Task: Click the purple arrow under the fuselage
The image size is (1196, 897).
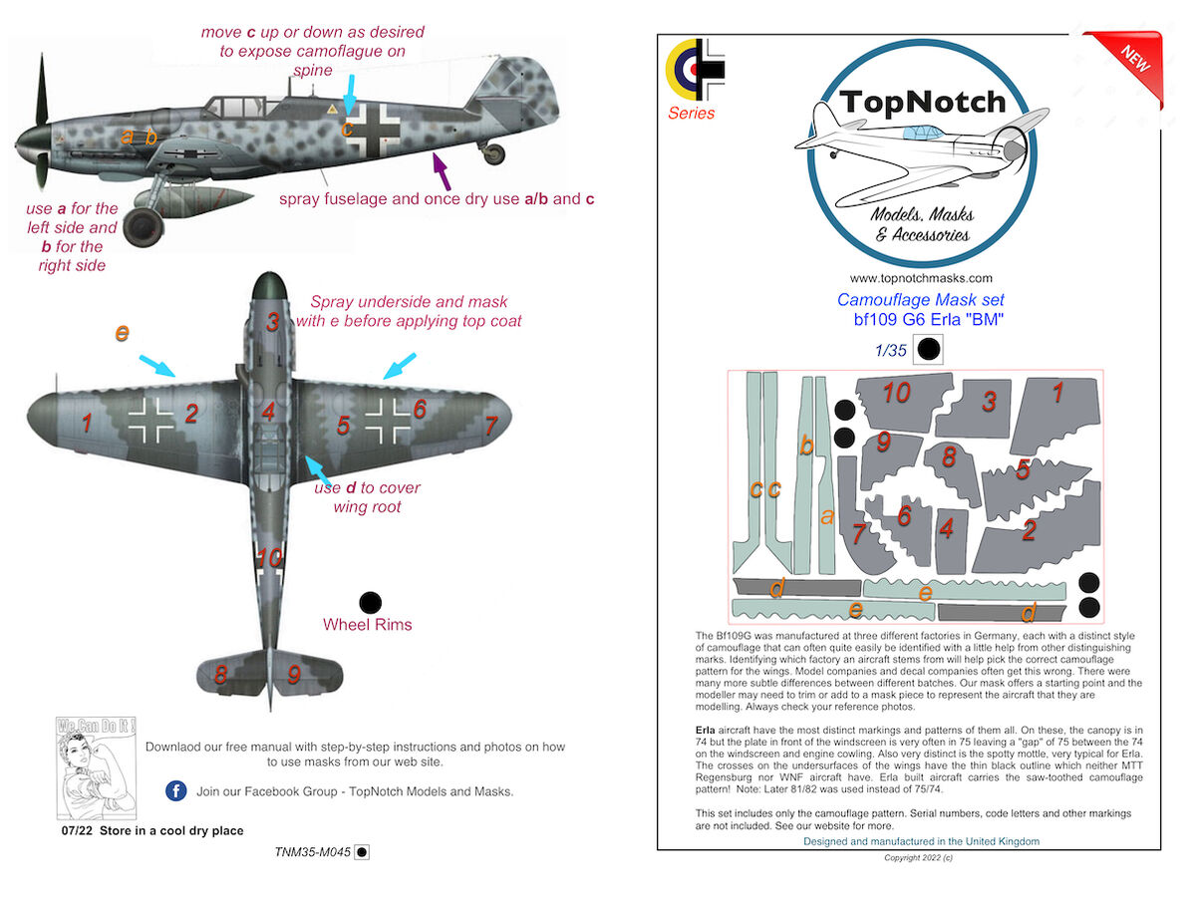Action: click(x=441, y=170)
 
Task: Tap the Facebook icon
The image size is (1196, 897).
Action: click(x=175, y=791)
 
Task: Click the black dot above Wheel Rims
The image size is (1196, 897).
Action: click(x=370, y=601)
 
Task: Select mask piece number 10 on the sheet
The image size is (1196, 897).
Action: click(x=896, y=394)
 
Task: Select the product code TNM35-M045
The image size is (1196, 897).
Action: click(x=313, y=852)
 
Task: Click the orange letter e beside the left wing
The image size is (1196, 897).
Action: click(x=122, y=333)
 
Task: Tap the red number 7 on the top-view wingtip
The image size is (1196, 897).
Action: click(x=490, y=426)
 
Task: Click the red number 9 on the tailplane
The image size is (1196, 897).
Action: click(x=294, y=674)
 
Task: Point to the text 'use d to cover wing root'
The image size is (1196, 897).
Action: click(x=367, y=497)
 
